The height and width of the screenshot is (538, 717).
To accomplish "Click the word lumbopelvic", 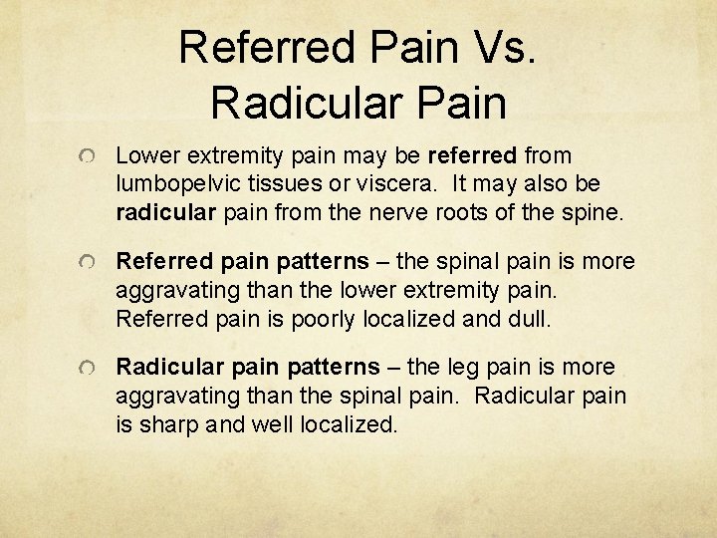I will click(x=177, y=185).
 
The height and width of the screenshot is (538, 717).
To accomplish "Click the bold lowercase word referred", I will click(x=472, y=156).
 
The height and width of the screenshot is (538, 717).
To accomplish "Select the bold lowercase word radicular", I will click(x=164, y=212).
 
